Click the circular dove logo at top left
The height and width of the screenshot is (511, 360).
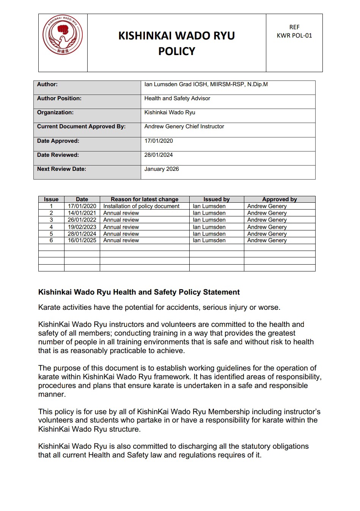tap(63, 35)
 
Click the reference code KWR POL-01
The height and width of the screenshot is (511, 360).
tap(294, 36)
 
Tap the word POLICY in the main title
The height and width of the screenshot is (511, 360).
tap(176, 51)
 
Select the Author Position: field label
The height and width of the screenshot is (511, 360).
tap(59, 98)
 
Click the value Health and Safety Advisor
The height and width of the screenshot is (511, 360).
tap(177, 98)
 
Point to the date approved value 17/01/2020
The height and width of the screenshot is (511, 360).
tap(159, 141)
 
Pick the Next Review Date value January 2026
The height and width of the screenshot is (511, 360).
tap(162, 169)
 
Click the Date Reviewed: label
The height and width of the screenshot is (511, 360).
tap(58, 155)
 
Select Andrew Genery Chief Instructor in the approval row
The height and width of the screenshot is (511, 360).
tap(184, 126)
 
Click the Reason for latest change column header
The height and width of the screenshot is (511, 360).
tap(145, 199)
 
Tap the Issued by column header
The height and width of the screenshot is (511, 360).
tap(217, 199)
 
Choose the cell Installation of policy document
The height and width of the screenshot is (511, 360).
tap(141, 206)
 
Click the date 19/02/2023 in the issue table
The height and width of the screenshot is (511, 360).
tap(82, 227)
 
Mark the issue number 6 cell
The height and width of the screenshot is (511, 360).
tap(51, 240)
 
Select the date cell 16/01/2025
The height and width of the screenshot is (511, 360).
tap(82, 240)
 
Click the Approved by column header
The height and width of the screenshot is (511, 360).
tap(280, 199)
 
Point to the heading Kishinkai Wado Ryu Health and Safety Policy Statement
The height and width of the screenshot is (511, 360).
tap(139, 292)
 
